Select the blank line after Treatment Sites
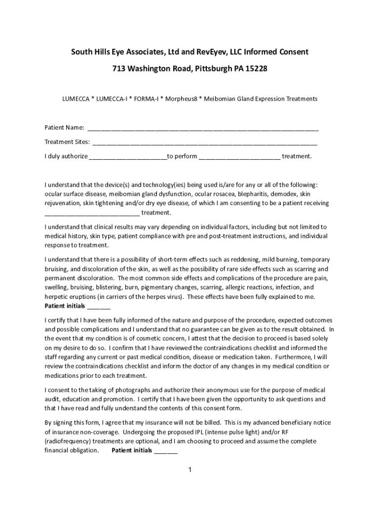coord(204,143)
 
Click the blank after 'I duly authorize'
coord(128,157)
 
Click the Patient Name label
coord(64,128)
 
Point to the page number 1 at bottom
coord(190,470)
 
